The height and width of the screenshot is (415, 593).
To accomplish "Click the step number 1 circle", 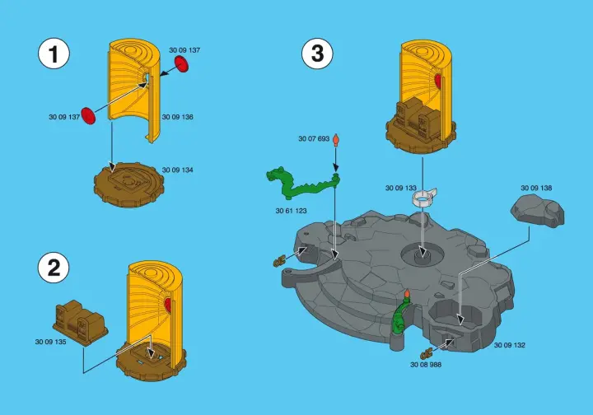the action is coord(54,54).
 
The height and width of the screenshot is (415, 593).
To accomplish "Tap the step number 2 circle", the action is coord(54,268).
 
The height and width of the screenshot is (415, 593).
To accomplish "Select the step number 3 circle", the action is coord(317,54).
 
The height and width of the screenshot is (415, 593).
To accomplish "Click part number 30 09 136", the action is coord(177,117).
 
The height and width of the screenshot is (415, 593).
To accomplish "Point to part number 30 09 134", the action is coord(177,170).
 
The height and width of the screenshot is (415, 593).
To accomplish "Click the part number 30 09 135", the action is coord(51,342).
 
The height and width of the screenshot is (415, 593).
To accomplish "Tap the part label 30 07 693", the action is coord(314,138).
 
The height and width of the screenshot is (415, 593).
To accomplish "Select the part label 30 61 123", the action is coord(292,211).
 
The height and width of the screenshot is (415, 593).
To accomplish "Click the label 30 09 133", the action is coord(401,188).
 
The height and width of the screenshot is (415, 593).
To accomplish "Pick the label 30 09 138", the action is coord(536,188).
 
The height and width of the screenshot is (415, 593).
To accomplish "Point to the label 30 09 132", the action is coord(510,345).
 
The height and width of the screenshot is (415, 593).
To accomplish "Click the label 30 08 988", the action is coord(426,365).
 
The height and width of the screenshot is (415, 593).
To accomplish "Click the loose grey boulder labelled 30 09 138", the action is coord(537,211).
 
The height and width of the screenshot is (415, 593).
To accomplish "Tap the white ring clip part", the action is coord(424,198).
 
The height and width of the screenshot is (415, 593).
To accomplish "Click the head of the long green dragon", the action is coord(274,175).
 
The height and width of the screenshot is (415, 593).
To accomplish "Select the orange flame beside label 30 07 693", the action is coord(335,140).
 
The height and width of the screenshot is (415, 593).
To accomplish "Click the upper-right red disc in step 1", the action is coord(181,63).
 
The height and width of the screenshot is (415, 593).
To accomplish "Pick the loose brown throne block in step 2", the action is coord(80,323).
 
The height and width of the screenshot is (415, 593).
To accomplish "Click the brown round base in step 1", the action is coord(129,184).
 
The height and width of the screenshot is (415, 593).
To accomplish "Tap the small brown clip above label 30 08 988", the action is coord(426,354).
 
